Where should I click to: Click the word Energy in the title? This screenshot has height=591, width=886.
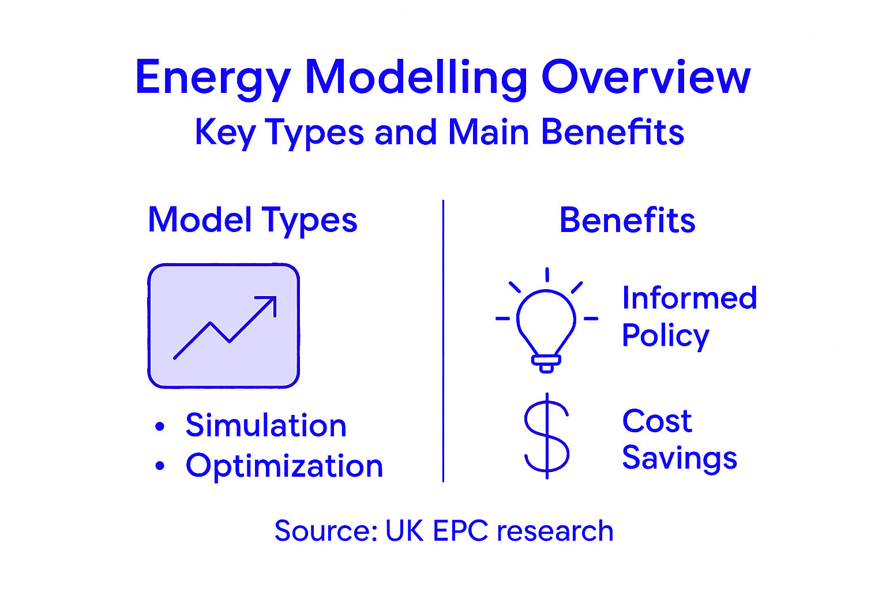[212, 78]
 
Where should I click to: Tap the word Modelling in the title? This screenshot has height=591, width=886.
[416, 78]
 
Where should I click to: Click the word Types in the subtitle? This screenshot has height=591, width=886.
[314, 133]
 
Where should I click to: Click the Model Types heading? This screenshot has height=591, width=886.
[253, 220]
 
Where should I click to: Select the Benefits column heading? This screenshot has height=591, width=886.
[627, 220]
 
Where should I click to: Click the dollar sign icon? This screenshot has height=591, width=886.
[546, 436]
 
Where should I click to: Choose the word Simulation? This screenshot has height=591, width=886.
[266, 426]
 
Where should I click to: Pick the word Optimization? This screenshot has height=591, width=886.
[284, 466]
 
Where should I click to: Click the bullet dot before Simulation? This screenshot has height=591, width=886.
[160, 427]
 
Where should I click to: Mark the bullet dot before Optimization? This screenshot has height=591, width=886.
[160, 466]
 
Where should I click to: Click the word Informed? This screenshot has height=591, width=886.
[689, 298]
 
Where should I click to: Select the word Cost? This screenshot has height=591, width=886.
[656, 421]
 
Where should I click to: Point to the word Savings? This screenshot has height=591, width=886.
[679, 458]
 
